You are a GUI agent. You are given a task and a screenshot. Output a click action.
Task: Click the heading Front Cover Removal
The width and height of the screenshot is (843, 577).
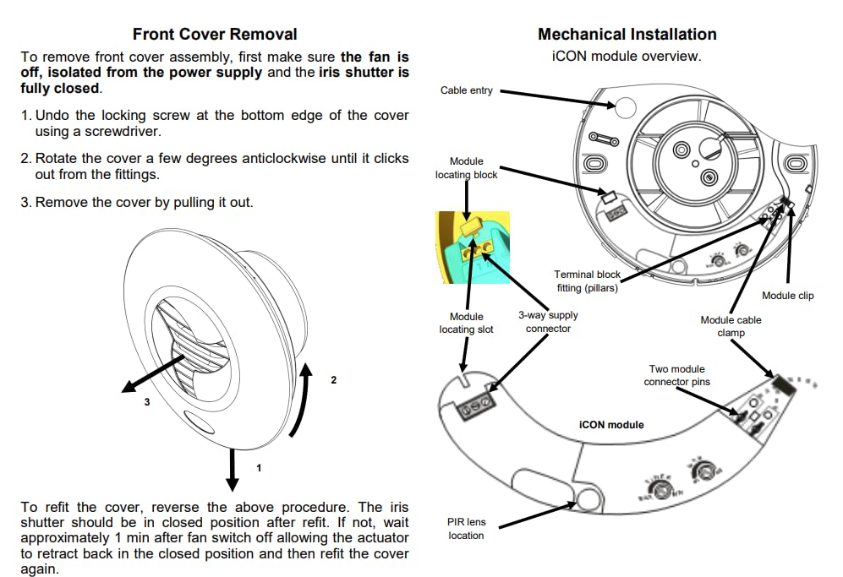[215, 35]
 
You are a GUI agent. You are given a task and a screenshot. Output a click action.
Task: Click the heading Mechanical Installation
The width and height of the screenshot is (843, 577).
[627, 35]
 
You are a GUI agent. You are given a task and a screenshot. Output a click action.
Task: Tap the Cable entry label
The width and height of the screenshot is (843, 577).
[466, 90]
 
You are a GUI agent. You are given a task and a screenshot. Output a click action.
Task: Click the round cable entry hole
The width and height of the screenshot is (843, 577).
[624, 107]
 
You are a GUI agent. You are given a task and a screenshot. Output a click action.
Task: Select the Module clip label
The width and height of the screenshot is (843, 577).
[787, 296]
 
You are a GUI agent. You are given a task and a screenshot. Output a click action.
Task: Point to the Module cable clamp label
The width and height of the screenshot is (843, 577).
[731, 326]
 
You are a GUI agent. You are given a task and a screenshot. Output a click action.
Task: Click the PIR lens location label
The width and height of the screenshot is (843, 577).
[466, 529]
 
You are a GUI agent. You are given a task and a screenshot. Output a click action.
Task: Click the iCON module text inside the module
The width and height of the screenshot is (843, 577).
[611, 425]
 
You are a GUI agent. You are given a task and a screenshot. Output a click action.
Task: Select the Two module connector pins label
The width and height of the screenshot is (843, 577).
[676, 375]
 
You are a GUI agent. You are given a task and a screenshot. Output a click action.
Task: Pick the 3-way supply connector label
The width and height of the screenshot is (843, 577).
[548, 322]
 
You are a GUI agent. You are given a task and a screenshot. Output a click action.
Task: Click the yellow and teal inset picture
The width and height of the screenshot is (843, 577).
[472, 247]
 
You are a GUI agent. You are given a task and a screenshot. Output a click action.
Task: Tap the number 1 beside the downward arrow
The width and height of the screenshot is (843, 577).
[259, 467]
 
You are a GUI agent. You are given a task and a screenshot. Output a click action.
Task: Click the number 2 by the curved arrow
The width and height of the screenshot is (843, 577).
[333, 380]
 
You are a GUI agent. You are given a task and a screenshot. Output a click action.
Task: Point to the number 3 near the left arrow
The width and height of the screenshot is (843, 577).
[146, 403]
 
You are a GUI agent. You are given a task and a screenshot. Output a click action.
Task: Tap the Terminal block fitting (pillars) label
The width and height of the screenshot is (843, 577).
[587, 281]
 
